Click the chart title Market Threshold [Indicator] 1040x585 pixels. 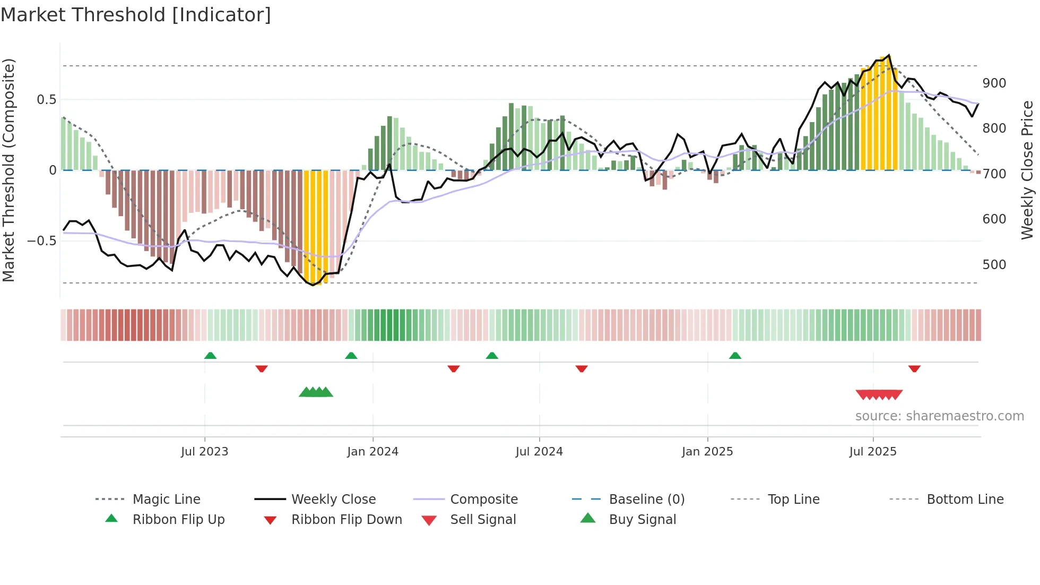click(x=136, y=15)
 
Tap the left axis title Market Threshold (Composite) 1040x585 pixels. click(x=9, y=170)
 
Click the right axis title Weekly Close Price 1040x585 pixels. click(x=1027, y=170)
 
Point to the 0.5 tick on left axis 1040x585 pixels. click(x=47, y=100)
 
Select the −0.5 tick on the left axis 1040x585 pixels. click(x=42, y=241)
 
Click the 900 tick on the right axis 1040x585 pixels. click(x=994, y=83)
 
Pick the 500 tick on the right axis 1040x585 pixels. click(x=994, y=265)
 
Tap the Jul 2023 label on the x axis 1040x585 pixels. click(x=204, y=452)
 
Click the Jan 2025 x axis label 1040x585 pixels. click(x=707, y=452)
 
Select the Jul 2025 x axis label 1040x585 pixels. click(x=873, y=452)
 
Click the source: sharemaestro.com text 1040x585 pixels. click(x=939, y=416)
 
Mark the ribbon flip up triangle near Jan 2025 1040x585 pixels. click(x=735, y=356)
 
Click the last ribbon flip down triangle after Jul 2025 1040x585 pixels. click(x=914, y=368)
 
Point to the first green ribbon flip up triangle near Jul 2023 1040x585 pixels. click(x=210, y=356)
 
